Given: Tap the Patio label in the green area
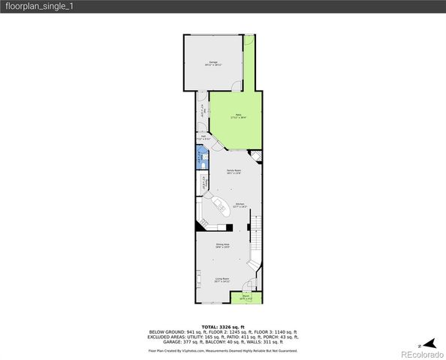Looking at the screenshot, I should pos(237,116).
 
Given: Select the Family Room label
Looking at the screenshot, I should pos(234,172).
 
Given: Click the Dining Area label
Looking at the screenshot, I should pos(222,246).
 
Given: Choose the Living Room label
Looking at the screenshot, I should pos(221,280).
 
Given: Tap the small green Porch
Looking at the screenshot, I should pos(246,297).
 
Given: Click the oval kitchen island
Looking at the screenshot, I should pos(221,207).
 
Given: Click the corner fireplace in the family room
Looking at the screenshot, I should pos(256,156).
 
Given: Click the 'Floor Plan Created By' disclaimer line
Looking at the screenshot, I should pos(223,350).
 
